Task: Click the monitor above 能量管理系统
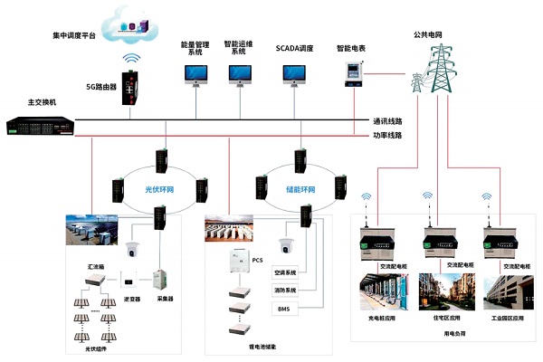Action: point(195,74)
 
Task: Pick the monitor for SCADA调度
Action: point(295,74)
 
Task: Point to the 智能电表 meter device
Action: point(351,75)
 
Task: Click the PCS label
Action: point(257,260)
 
